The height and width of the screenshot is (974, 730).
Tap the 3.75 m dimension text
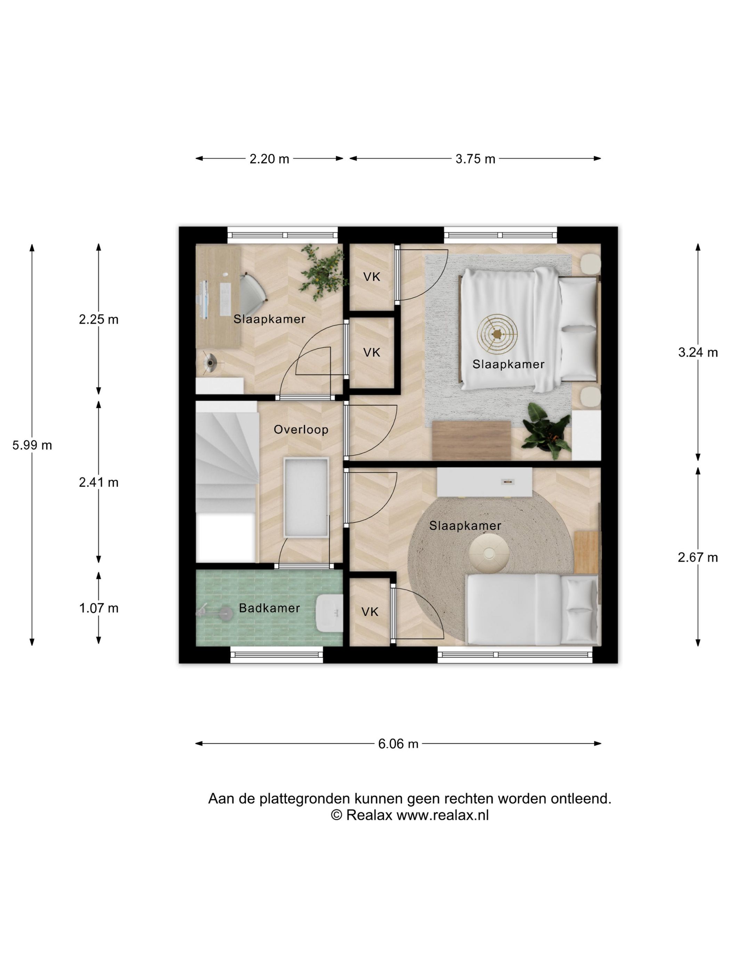coord(475,159)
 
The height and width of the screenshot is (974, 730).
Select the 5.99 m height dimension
coord(32,445)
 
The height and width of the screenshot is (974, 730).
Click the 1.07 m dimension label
coord(99,608)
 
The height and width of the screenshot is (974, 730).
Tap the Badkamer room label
coord(269,608)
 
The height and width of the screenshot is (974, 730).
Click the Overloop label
coord(301,429)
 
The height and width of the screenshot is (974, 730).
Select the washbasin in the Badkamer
coord(329,613)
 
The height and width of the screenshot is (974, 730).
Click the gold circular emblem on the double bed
coord(497,334)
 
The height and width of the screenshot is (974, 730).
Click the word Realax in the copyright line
coord(369,815)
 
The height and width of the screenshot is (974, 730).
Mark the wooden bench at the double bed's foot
coord(472,440)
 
